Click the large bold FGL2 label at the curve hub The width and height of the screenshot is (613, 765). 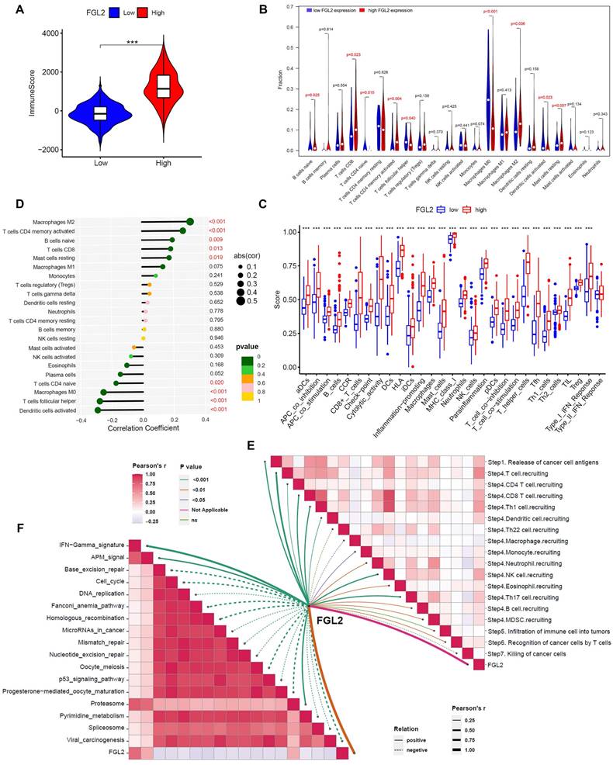[333, 618]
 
